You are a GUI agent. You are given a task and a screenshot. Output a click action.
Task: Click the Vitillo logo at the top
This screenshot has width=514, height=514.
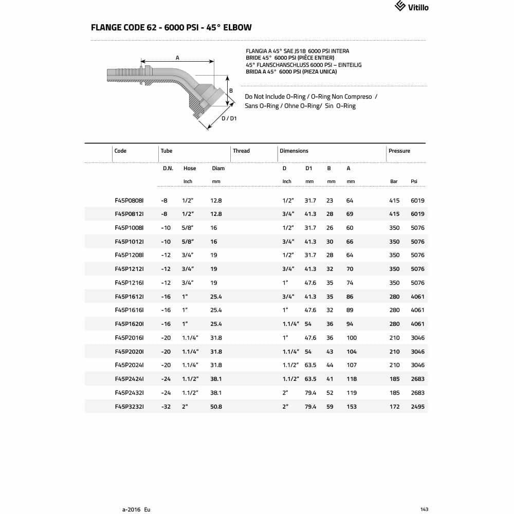pos(411,7)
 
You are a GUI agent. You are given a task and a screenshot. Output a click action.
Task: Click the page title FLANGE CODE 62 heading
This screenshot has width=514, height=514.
pos(171,27)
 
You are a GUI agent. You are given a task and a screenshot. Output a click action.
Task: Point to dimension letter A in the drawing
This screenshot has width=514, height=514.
pos(177,58)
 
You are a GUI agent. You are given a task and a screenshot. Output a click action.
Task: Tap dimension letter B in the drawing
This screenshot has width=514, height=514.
pos(231,91)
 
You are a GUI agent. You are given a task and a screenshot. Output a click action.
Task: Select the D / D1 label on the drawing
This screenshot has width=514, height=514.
pos(229,119)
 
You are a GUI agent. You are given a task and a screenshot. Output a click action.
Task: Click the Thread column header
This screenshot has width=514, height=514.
pos(241,151)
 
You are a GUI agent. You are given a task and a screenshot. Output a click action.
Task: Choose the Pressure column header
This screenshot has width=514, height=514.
pos(399,151)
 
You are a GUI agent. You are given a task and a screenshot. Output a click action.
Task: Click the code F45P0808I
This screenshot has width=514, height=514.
pos(129,200)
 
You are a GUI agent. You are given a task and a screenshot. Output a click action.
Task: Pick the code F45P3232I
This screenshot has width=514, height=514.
pos(129,407)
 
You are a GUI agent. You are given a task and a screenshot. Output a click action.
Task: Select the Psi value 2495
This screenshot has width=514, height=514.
pos(417,407)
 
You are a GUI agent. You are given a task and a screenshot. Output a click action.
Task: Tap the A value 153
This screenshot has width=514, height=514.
pos(352,407)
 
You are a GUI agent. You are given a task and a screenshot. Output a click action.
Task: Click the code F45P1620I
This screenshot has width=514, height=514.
pos(129,324)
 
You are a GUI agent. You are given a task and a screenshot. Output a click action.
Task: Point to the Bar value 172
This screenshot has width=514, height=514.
pos(394,407)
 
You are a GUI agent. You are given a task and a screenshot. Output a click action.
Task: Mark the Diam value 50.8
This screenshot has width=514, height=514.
pos(216,407)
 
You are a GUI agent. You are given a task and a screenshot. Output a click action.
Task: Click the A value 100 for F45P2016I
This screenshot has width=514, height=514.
pos(352,338)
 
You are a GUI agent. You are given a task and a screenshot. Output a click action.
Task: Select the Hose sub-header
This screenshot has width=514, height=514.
pos(190,169)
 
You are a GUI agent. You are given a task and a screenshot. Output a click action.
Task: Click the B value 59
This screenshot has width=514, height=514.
pos(330,407)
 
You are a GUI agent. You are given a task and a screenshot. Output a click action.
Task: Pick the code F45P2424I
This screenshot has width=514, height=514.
pos(129,379)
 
